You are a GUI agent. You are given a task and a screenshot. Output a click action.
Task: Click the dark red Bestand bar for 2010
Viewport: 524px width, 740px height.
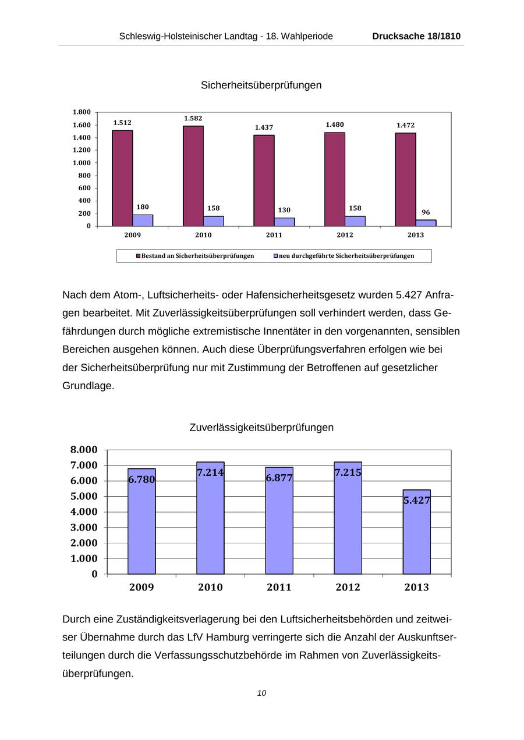(193, 176)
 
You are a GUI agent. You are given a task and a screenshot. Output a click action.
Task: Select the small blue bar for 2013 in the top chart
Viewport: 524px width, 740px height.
(426, 223)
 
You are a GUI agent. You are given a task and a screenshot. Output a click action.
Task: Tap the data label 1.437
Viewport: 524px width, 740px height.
(264, 127)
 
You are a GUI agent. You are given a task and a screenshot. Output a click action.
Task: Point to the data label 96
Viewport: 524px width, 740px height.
(426, 212)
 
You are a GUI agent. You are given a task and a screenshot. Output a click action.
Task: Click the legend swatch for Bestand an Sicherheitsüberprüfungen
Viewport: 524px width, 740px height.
(139, 256)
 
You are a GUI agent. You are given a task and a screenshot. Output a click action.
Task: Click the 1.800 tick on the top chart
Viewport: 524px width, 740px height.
(82, 112)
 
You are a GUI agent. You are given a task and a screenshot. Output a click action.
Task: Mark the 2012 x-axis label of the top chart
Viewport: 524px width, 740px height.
(345, 235)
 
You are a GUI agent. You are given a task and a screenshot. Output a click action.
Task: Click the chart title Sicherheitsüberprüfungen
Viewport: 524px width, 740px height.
(261, 85)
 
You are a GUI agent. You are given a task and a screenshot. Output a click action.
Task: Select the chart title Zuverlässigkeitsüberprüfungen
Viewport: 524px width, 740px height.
(261, 428)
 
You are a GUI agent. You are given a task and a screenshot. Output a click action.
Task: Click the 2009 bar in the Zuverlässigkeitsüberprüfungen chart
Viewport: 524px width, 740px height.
(141, 524)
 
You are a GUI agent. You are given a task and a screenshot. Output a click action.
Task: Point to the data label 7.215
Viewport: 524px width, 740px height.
(348, 473)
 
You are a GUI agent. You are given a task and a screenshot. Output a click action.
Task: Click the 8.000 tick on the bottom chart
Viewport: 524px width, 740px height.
(84, 450)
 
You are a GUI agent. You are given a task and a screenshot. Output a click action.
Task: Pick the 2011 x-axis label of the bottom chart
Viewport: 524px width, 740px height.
(279, 588)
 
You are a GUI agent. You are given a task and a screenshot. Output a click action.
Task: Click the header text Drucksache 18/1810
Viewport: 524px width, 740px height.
(416, 36)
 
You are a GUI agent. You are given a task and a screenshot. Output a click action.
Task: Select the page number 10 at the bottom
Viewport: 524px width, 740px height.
(261, 693)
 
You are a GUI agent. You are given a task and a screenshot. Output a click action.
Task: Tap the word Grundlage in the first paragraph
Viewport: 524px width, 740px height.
(88, 386)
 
